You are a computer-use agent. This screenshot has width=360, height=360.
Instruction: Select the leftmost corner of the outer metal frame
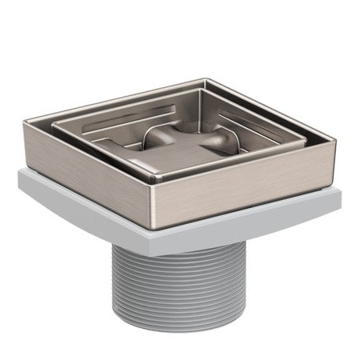(x=24, y=119)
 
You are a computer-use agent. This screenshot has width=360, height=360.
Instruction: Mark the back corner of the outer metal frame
(x=206, y=79)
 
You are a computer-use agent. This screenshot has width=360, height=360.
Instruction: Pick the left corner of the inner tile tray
(x=54, y=123)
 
